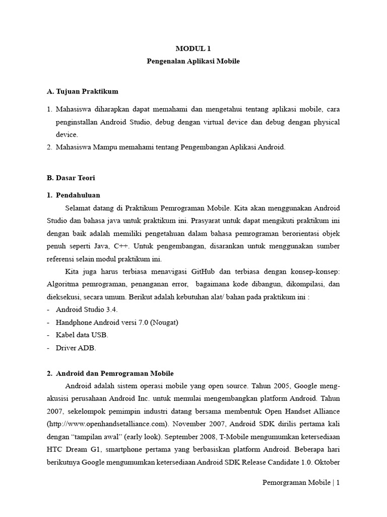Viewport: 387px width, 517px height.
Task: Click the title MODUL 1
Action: (193, 48)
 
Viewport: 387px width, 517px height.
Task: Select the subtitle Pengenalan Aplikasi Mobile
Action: (193, 61)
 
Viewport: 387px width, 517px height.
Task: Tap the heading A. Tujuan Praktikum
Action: (82, 91)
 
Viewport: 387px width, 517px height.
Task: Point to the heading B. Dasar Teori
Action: (71, 178)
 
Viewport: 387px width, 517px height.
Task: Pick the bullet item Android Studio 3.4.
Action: (86, 309)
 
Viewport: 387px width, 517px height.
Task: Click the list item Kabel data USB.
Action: (82, 335)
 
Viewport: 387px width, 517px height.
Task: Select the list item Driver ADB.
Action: (76, 348)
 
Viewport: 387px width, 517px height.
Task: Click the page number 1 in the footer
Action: (338, 483)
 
